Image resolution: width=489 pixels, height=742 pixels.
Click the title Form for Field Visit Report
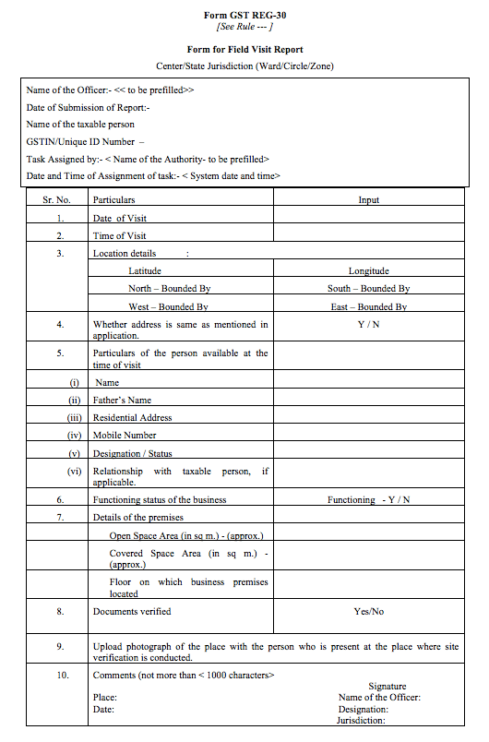click(x=244, y=49)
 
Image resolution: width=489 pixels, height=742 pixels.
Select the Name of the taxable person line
click(x=80, y=124)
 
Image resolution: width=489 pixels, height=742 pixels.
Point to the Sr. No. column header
click(x=57, y=199)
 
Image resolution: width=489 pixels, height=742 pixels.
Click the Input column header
click(x=368, y=199)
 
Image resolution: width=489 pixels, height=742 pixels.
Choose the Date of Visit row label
click(x=120, y=218)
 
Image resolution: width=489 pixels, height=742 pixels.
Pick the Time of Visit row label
click(x=120, y=235)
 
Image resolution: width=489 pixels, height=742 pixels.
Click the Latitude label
click(x=145, y=271)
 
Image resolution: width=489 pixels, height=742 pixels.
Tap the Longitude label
click(x=368, y=271)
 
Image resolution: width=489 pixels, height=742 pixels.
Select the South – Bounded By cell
click(x=368, y=289)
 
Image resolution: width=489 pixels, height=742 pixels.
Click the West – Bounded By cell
click(x=168, y=306)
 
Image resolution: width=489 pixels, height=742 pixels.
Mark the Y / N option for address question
click(x=368, y=324)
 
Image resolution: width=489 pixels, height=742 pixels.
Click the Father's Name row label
click(x=122, y=400)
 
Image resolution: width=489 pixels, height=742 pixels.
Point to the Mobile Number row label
click(x=125, y=435)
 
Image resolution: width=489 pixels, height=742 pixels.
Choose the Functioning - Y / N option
click(x=368, y=499)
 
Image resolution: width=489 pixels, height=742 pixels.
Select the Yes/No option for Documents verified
click(x=368, y=611)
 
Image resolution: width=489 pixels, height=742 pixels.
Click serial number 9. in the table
click(x=60, y=647)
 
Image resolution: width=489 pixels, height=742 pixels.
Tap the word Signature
click(x=387, y=687)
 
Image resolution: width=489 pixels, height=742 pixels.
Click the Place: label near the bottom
click(x=104, y=698)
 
